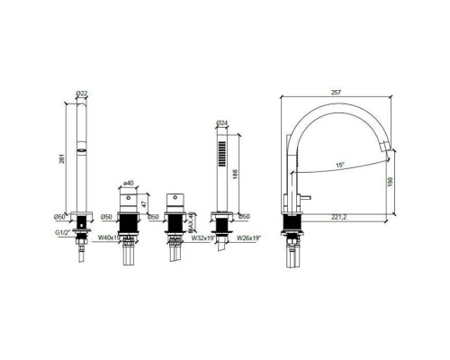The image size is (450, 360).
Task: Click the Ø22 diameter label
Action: [x=82, y=94]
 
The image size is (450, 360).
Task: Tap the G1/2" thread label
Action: [x=60, y=229]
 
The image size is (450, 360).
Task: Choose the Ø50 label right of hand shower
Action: [x=242, y=217]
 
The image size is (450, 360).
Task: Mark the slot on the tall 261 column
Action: [x=82, y=145]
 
